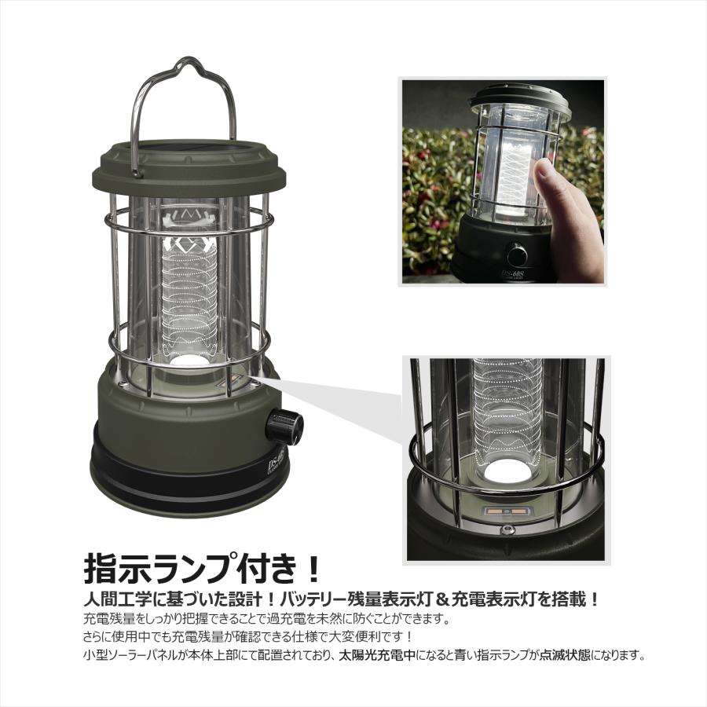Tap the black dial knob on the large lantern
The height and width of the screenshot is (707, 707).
click(x=284, y=426)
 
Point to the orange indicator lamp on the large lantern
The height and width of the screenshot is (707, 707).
click(x=233, y=384)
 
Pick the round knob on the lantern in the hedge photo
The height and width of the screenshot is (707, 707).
click(x=517, y=255)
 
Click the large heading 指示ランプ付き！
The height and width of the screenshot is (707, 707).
click(x=202, y=567)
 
